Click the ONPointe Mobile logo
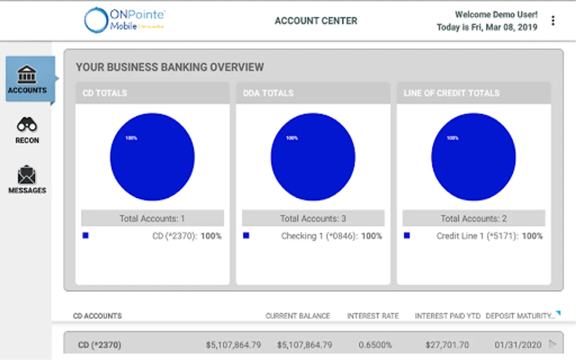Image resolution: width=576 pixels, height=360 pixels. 124,20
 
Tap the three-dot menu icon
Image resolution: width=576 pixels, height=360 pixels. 553,20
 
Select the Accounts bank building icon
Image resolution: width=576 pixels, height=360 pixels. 27,75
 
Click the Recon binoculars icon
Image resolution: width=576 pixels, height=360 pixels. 27,125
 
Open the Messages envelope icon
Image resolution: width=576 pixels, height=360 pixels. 27,175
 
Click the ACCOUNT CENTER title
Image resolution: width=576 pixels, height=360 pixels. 316,21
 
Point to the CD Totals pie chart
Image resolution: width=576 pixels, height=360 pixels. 152,157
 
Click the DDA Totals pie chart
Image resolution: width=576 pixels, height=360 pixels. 313,157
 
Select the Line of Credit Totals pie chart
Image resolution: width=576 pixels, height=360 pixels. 473,157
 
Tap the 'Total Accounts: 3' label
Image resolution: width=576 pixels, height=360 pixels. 313,218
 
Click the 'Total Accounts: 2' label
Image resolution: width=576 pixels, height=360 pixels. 474,218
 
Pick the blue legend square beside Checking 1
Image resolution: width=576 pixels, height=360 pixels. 246,236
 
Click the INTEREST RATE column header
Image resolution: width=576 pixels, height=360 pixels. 373,316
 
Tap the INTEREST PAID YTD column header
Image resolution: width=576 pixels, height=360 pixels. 447,316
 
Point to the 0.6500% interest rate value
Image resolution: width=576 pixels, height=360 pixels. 375,345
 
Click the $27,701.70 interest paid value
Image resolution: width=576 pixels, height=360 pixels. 447,345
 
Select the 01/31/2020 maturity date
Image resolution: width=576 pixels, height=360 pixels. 518,345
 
